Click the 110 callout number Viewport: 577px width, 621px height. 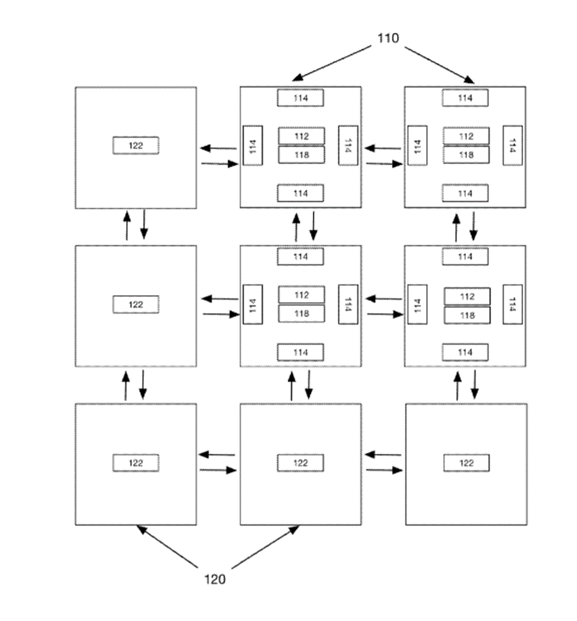pyautogui.click(x=387, y=39)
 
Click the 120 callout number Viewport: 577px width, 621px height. pyautogui.click(x=215, y=579)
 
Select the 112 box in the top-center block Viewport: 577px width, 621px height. pyautogui.click(x=301, y=136)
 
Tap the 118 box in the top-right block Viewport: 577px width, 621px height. pyautogui.click(x=466, y=154)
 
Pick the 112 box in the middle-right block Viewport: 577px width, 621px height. pyautogui.click(x=467, y=296)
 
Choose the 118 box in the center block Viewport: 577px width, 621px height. pyautogui.click(x=301, y=313)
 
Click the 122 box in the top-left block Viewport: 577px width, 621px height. pyautogui.click(x=136, y=145)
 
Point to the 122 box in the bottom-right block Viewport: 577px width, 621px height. pyautogui.click(x=466, y=463)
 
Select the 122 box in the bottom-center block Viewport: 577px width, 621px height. pyautogui.click(x=301, y=463)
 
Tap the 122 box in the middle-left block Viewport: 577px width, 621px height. pyautogui.click(x=136, y=304)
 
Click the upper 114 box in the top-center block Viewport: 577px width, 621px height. pyautogui.click(x=301, y=98)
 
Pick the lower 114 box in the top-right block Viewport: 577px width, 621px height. pyautogui.click(x=465, y=193)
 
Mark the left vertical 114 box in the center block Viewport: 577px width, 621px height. pyautogui.click(x=253, y=303)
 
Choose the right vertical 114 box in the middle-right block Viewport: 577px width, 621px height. pyautogui.click(x=513, y=303)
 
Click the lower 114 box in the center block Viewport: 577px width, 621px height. pyautogui.click(x=301, y=352)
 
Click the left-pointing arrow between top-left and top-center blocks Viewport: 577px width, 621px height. pyautogui.click(x=218, y=148)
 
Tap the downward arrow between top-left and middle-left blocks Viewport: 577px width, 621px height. pyautogui.click(x=144, y=224)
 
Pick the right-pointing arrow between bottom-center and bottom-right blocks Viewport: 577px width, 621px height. pyautogui.click(x=384, y=471)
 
